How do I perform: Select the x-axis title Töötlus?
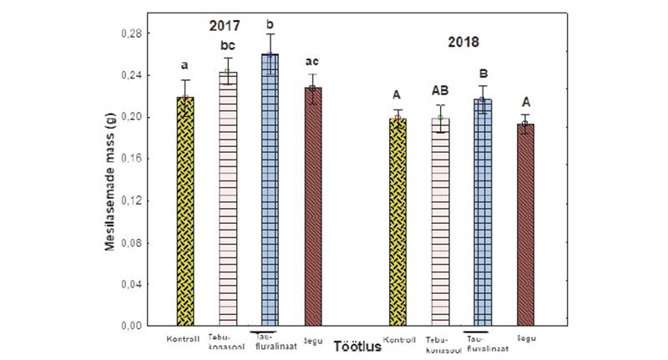pyautogui.click(x=353, y=345)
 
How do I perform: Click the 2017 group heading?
pyautogui.click(x=225, y=25)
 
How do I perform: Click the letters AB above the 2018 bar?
pyautogui.click(x=442, y=91)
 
